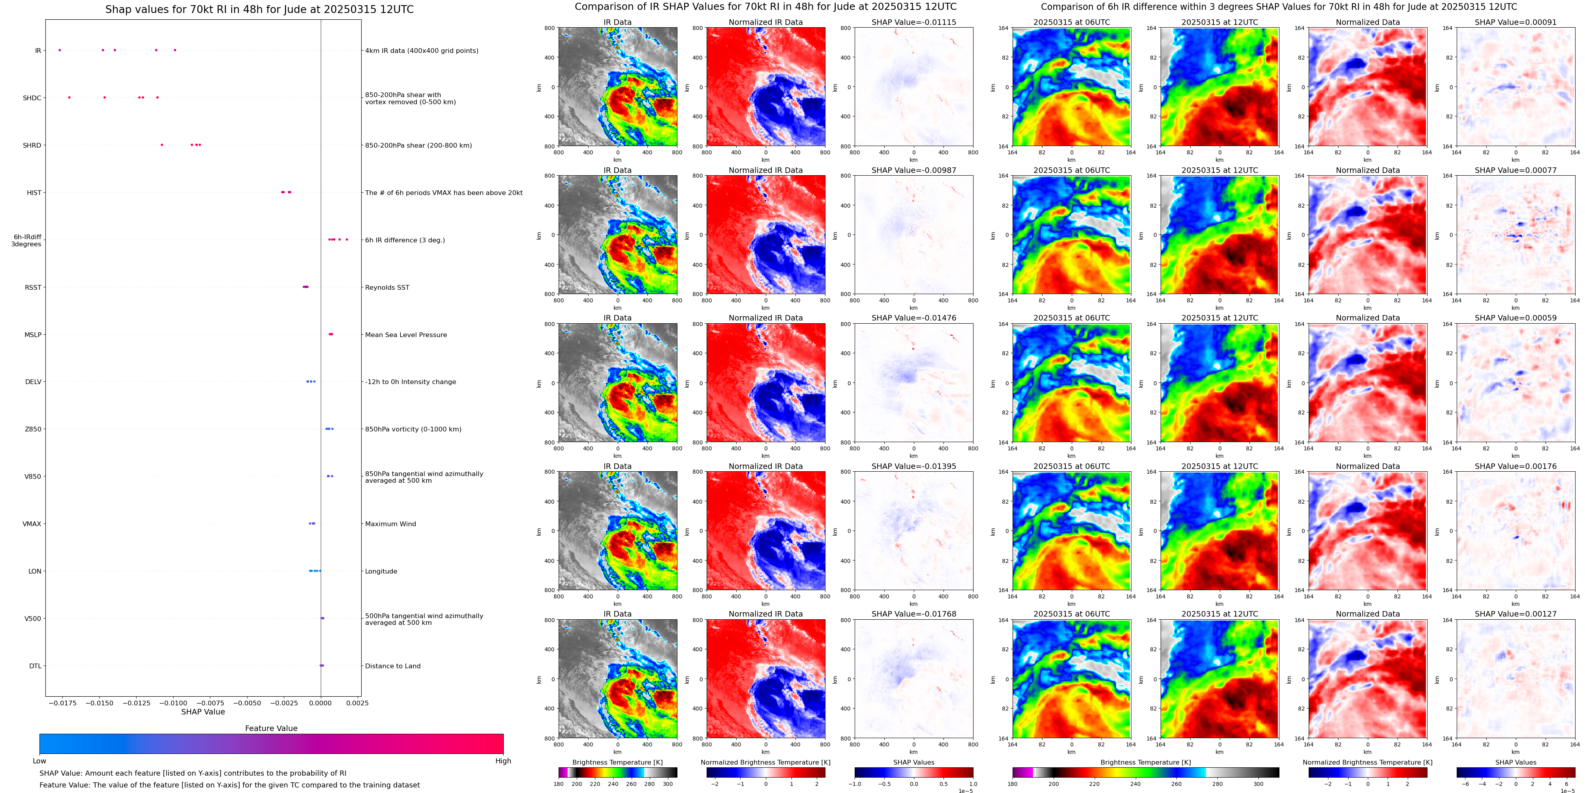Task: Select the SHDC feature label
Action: tap(32, 98)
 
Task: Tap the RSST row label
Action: tap(33, 287)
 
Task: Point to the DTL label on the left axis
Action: tap(35, 666)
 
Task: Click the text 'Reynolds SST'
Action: tap(387, 287)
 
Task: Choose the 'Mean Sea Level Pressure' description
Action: tap(406, 335)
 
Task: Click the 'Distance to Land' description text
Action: tap(392, 666)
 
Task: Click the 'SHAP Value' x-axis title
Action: tap(203, 712)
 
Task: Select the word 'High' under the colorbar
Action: tap(503, 761)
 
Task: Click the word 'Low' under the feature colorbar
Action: tap(39, 761)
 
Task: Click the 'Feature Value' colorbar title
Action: tap(271, 728)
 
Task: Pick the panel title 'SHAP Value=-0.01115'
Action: tap(914, 22)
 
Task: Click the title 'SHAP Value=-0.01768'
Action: tap(914, 614)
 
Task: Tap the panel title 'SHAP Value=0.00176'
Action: tap(1516, 466)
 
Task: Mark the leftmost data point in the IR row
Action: tap(60, 50)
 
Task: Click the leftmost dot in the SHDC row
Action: tap(69, 97)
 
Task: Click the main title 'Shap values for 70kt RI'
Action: tap(259, 9)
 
